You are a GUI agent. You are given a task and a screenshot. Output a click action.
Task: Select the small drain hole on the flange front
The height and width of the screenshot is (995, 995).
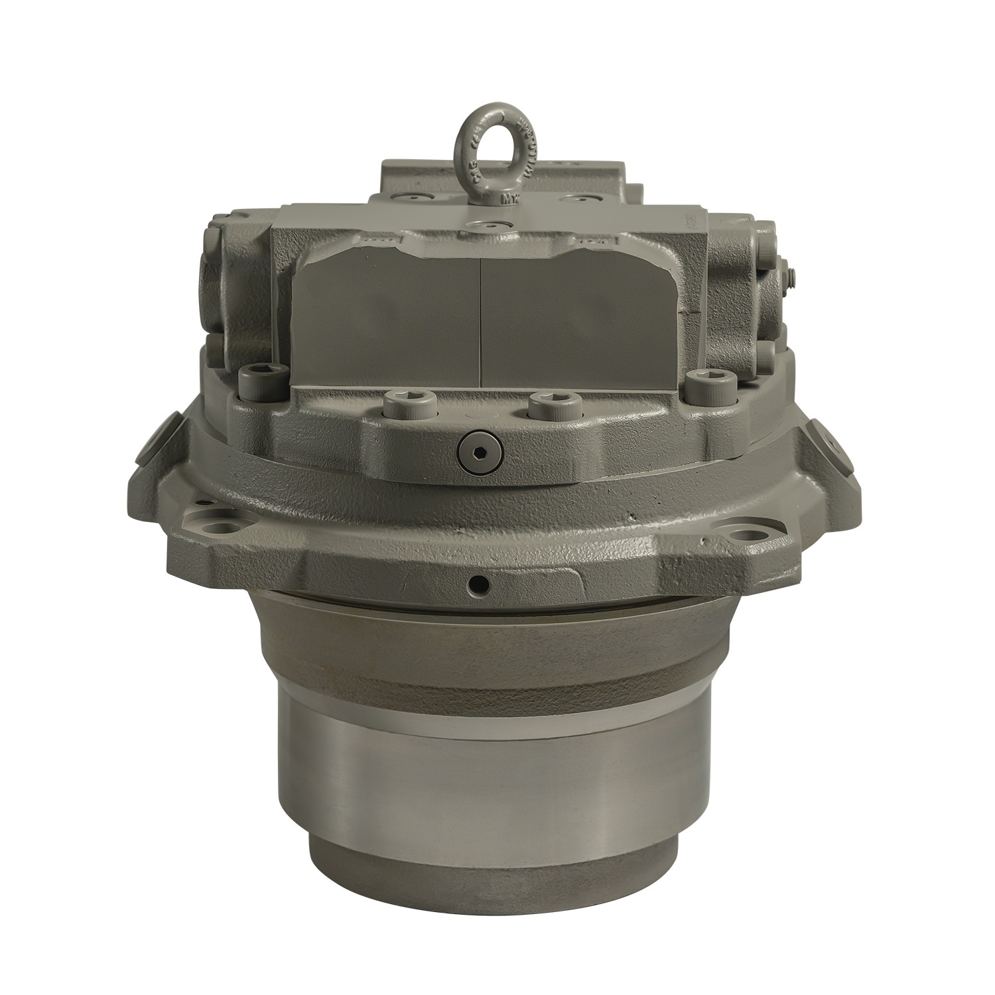click(478, 583)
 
